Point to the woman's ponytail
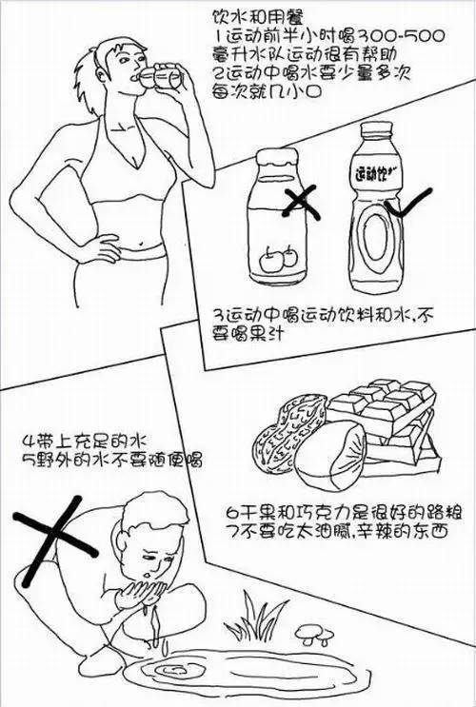tap(88, 86)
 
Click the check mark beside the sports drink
tap(407, 203)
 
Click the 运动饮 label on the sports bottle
tap(372, 173)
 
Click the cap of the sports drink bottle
tap(375, 130)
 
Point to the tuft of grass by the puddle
tap(255, 619)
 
